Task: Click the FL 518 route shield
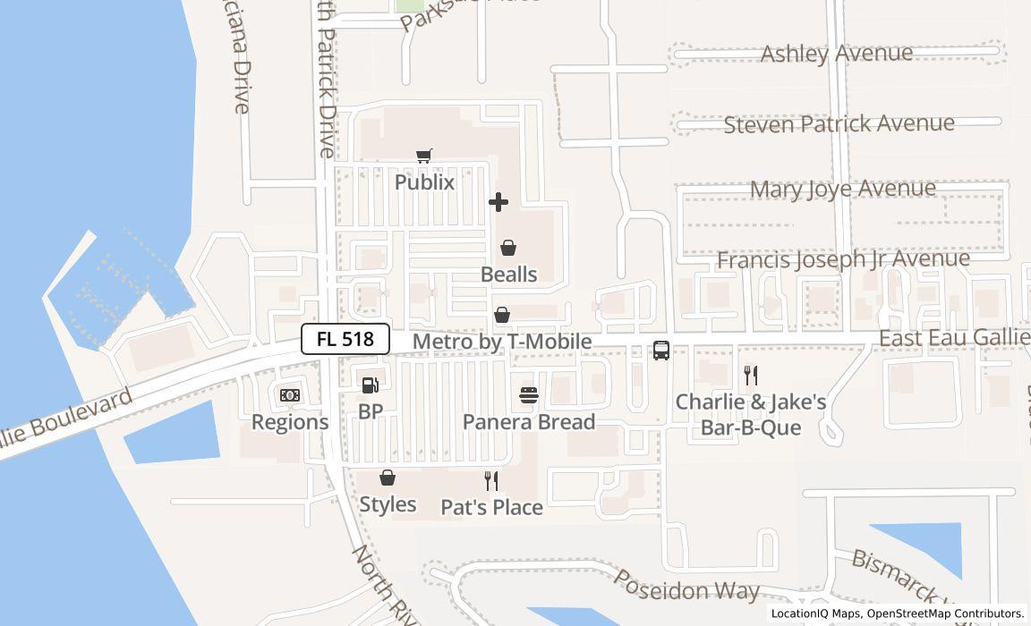point(345,339)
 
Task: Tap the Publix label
point(425,182)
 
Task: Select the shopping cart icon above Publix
point(425,156)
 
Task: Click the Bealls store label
point(509,275)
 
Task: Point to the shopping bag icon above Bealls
point(508,248)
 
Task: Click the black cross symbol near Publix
point(498,202)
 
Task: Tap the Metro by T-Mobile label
point(502,342)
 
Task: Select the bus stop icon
point(661,351)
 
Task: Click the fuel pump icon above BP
point(370,385)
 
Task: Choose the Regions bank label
point(290,422)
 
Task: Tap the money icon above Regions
point(290,395)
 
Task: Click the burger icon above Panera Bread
point(529,395)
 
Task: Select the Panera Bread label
point(529,422)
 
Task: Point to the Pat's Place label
point(491,508)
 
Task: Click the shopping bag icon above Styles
point(388,478)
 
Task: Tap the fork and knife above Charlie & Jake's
point(751,376)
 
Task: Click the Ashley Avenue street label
point(837,54)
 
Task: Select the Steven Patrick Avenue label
point(839,123)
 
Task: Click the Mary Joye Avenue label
point(843,189)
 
